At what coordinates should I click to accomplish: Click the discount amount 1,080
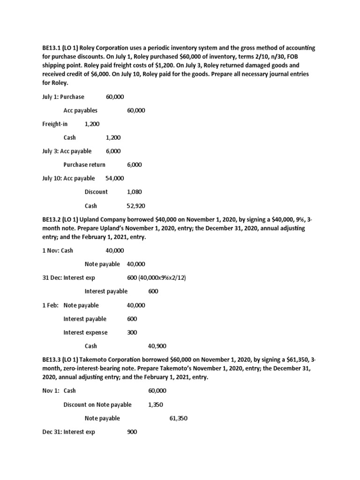click(134, 192)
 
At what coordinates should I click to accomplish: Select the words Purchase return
click(84, 165)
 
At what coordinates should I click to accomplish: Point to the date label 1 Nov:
click(51, 250)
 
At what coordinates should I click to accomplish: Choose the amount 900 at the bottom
click(132, 432)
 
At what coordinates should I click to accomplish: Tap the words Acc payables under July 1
click(81, 110)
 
